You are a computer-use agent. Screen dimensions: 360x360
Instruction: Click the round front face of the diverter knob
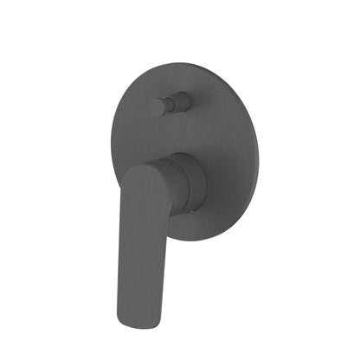click(157, 107)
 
